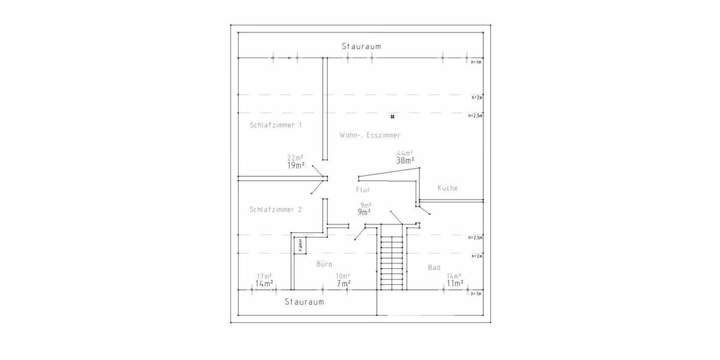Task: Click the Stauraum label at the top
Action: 361,46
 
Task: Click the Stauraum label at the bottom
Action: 304,302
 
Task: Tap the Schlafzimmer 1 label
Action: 275,125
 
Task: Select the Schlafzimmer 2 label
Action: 275,209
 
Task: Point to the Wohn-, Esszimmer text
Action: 370,135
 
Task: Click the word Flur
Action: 363,189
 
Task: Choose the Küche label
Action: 448,188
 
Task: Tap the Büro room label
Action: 324,264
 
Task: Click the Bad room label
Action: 434,267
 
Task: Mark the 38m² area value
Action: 405,161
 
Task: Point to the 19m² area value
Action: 296,165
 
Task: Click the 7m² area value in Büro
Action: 343,283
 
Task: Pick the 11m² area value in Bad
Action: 455,283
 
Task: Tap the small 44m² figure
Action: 405,153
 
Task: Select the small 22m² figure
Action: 295,158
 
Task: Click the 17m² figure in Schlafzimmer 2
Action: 264,276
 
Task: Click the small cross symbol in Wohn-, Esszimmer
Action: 392,116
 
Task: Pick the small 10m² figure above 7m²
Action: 343,276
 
